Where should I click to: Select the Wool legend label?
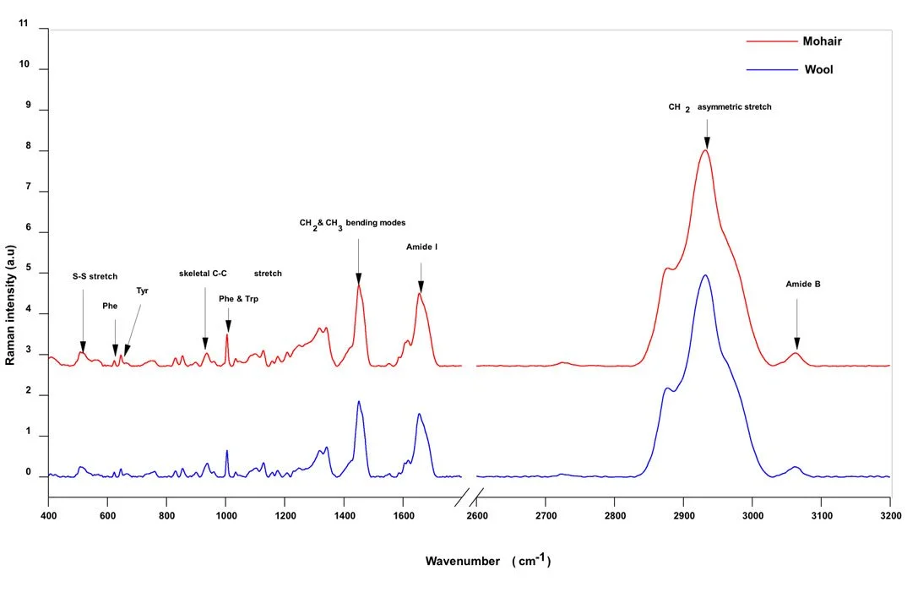coord(818,69)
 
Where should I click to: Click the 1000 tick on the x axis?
coord(225,513)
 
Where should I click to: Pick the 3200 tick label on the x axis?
coord(890,513)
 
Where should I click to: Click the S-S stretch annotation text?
coord(95,276)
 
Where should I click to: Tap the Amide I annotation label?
coord(421,247)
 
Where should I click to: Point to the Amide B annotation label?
coord(803,285)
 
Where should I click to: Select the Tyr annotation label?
coord(142,291)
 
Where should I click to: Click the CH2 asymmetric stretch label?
coord(720,107)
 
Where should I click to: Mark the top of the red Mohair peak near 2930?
coord(704,150)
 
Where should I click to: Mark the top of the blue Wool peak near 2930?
coord(704,274)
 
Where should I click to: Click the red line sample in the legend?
coord(772,40)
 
